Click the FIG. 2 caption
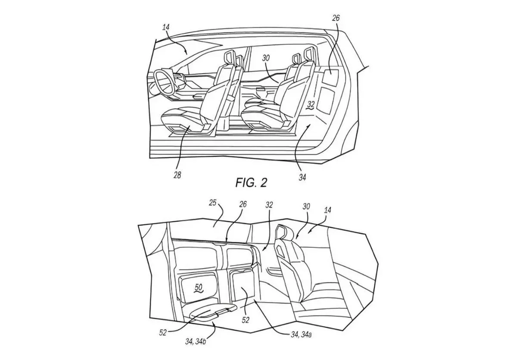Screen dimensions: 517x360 pos(251,183)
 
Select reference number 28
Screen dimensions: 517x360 pos(177,175)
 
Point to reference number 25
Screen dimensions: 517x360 pos(212,203)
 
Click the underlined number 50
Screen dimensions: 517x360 pos(199,288)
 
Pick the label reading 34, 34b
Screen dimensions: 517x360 pos(196,341)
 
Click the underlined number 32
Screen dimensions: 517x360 pos(311,105)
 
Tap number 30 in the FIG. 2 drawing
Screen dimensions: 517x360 pos(266,58)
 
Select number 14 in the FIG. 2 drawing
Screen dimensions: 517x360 pos(166,28)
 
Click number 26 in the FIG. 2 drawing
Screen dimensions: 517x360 pos(336,18)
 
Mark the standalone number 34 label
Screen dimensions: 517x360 pos(302,177)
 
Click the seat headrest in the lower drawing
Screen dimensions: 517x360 pos(281,233)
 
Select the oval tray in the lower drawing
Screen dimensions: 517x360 pos(212,312)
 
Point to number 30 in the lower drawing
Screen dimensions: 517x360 pos(306,207)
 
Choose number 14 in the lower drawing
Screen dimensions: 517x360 pos(327,210)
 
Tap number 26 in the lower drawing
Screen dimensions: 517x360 pos(243,204)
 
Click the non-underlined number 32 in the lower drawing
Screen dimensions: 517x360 pos(269,205)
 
